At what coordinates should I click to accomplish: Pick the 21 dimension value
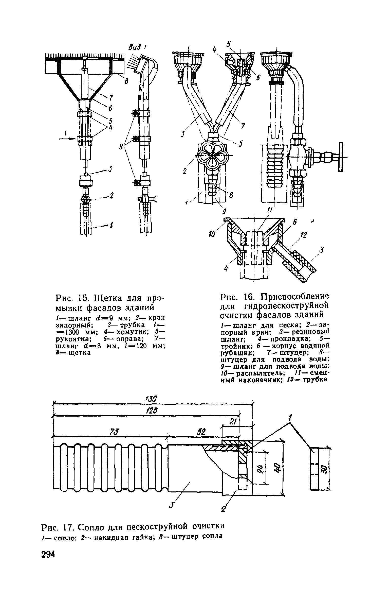pyautogui.click(x=233, y=422)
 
